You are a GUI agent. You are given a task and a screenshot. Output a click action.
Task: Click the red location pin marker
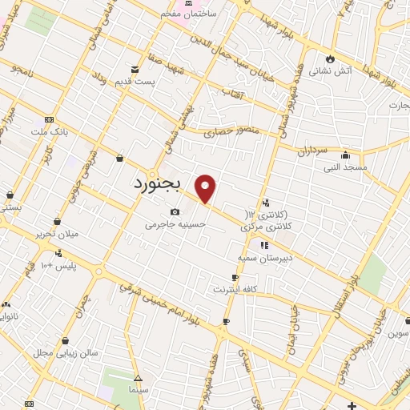pos(206,187)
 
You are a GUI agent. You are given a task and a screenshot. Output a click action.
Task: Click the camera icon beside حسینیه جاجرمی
pos(175,212)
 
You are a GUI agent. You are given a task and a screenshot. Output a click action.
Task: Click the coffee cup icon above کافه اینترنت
pos(235,277)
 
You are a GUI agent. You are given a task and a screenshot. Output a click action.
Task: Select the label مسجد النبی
pos(344,167)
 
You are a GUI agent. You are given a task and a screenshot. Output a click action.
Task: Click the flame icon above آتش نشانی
pos(330,58)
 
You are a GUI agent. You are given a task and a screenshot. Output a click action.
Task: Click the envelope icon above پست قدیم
pos(135,70)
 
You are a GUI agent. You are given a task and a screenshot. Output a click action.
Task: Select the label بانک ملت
pos(46,131)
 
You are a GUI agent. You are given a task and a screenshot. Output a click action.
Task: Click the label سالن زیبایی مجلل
pos(66,352)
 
